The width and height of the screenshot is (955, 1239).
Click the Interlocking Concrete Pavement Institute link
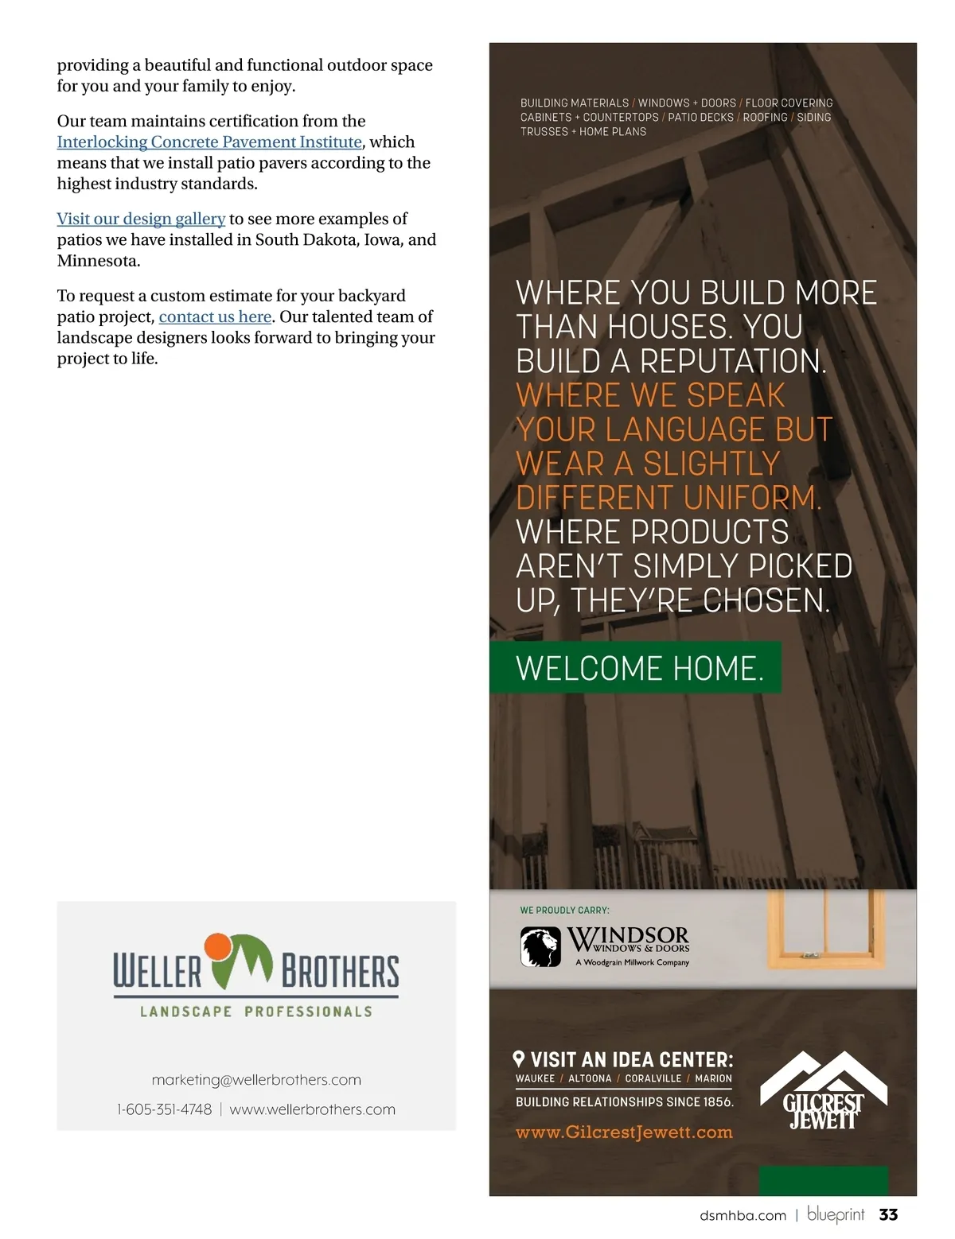coord(209,142)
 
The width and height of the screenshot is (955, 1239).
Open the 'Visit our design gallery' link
coord(141,219)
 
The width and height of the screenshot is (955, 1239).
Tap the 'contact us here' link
coord(215,317)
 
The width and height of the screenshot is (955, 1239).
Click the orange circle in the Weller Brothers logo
coord(217,947)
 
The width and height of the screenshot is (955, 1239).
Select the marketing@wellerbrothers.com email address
coord(256,1080)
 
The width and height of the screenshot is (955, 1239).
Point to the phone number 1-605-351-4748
coord(165,1109)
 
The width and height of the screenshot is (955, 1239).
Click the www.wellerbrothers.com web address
coord(312,1109)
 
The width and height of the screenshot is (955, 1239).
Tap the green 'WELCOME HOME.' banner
coord(635,668)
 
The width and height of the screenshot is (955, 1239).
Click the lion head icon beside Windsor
coord(540,947)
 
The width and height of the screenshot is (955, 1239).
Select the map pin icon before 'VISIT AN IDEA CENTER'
coord(519,1058)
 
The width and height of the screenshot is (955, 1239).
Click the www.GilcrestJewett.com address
coord(624,1132)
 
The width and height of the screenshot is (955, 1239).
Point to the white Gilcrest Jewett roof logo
coord(824,1089)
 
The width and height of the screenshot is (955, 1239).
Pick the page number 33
coord(888,1214)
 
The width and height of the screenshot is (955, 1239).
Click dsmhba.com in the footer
coord(743,1215)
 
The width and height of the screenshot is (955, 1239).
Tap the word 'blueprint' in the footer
coord(836,1214)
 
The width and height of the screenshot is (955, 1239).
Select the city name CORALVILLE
coord(653,1079)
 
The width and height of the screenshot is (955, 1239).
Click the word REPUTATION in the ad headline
coord(732,361)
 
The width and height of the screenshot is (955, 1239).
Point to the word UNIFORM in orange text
coord(751,498)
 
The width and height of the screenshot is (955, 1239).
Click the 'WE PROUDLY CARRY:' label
coord(564,910)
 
